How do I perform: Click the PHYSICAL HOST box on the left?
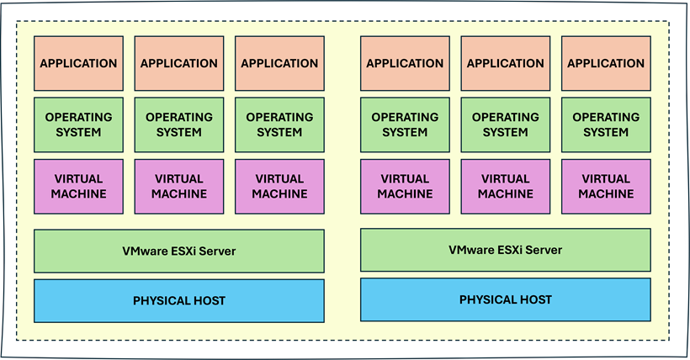pos(178,301)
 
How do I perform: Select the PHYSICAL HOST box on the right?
pos(505,299)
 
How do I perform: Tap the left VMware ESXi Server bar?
pos(178,251)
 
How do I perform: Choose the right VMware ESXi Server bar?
pos(505,250)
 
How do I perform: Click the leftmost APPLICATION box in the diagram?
pos(78,63)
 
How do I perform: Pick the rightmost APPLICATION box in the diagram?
pos(606,63)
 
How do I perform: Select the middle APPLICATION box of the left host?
pos(178,63)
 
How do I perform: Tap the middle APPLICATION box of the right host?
pos(506,63)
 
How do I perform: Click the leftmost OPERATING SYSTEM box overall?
pos(78,124)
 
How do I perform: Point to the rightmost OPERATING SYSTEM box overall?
pos(606,124)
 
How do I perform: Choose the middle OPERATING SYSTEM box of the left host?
pos(178,124)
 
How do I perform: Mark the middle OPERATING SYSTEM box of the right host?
pos(506,124)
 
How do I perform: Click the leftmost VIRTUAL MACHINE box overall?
pos(78,186)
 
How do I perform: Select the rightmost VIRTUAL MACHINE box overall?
pos(606,186)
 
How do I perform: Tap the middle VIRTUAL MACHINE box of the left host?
pos(178,186)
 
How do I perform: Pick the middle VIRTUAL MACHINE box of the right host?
pos(506,186)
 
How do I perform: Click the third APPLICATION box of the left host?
pos(279,63)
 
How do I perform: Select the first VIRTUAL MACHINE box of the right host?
pos(405,186)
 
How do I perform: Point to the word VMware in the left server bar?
pos(144,251)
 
